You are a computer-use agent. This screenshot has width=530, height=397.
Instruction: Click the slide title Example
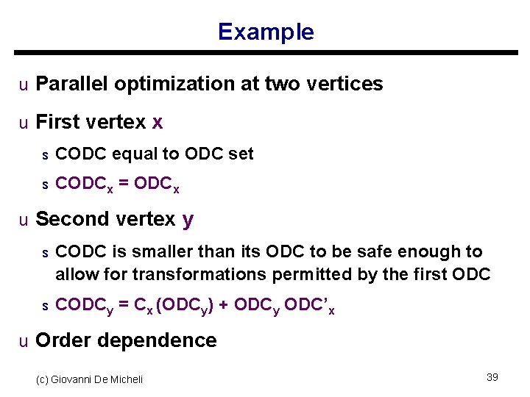coord(265,32)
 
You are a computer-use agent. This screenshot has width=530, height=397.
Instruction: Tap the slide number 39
coord(492,377)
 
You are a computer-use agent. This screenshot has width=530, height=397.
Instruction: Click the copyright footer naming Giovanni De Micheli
coord(89,379)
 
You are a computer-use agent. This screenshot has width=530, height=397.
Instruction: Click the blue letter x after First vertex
coord(157,122)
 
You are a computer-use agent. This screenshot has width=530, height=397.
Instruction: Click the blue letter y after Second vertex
coord(187,219)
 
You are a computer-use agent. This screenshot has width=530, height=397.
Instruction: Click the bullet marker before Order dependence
coord(24,341)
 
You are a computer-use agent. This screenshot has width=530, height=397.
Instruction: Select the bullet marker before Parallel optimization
coord(24,85)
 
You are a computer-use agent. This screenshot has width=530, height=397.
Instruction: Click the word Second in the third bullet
coord(69,219)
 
